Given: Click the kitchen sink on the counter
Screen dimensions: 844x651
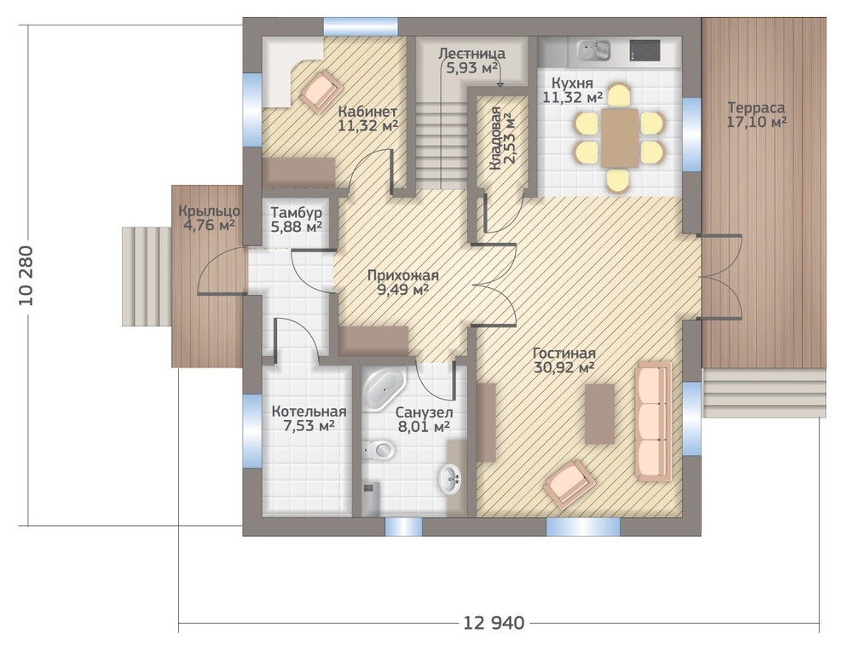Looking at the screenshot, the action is coord(593,50).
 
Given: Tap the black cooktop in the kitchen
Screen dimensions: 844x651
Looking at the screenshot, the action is coord(645,50).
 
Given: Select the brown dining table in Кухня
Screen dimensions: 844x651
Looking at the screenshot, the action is coord(619,138).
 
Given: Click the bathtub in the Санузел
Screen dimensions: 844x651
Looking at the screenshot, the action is coord(384,389).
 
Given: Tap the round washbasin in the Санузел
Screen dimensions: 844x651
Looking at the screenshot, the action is coord(450,479).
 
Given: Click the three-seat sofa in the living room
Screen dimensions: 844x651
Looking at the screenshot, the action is coord(653,421).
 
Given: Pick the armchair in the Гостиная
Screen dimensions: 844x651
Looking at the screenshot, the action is coord(569,484).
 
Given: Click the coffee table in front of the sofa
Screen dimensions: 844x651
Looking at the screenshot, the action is coord(599,414).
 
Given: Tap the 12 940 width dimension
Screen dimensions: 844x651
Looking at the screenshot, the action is coord(494,623).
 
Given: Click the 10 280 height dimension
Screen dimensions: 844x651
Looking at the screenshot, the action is coord(26,276).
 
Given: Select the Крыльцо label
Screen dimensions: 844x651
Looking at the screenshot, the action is coord(210,211).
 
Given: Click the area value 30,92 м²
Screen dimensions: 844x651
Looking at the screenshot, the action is coord(564,367).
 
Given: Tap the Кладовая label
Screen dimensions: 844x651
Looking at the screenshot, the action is coord(495,138).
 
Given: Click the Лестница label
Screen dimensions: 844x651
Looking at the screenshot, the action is coord(472,54).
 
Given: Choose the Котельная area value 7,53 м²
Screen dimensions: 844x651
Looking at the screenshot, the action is coord(309,426).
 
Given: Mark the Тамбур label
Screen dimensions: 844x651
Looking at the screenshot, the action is coord(296,212).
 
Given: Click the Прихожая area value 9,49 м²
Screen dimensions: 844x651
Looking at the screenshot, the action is coord(402,290).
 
